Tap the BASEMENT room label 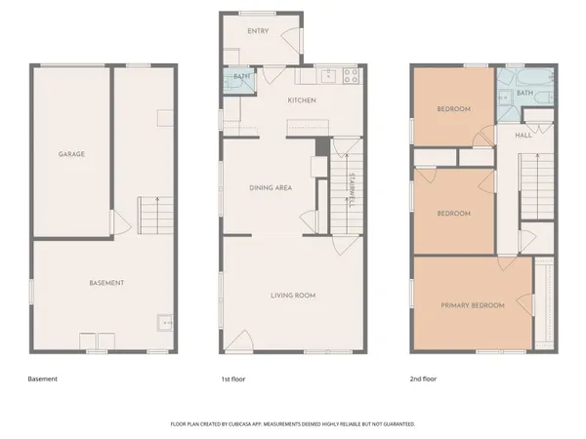click(106, 283)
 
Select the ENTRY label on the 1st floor click(258, 31)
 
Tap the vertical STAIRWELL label click(349, 191)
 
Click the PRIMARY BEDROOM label click(473, 305)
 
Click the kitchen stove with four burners click(352, 74)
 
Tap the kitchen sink click(329, 74)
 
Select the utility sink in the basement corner click(167, 323)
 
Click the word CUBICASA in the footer click(248, 424)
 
